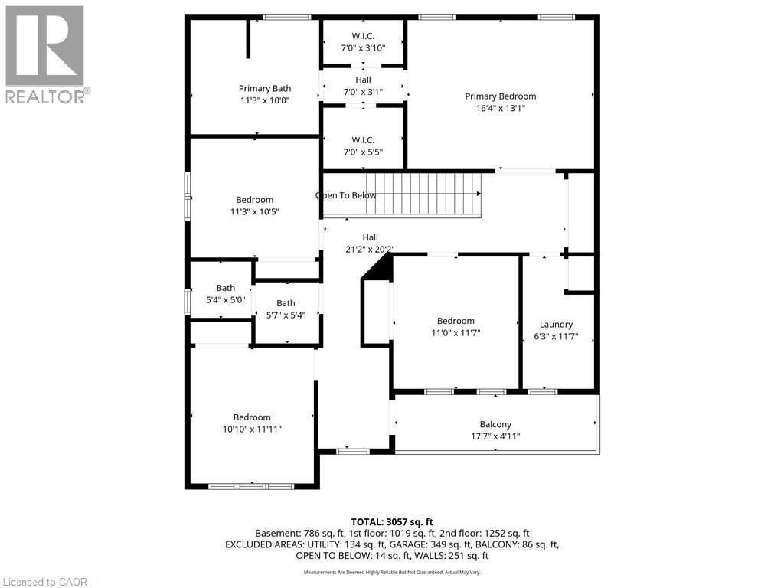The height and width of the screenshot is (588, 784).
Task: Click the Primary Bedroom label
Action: pos(501,96)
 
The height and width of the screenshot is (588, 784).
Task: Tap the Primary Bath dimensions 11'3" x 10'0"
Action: pos(265,100)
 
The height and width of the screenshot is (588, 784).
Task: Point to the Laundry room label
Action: pos(556,325)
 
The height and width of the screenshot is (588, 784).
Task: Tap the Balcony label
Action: pos(495,424)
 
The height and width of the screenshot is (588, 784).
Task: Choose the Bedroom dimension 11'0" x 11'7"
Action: pos(456,333)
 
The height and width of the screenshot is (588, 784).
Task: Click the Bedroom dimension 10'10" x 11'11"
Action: pos(252,430)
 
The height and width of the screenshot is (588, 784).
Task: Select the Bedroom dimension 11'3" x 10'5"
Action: pos(254,212)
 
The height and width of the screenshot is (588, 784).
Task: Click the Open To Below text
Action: pos(345,195)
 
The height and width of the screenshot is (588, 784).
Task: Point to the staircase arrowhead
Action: pos(479,194)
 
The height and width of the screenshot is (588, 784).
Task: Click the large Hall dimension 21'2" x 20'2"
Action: pos(370,249)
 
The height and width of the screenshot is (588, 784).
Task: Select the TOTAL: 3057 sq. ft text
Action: pos(392,522)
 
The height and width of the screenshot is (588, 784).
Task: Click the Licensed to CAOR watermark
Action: pos(44,582)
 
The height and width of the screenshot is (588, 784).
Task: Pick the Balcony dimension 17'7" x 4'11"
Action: pos(495,436)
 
